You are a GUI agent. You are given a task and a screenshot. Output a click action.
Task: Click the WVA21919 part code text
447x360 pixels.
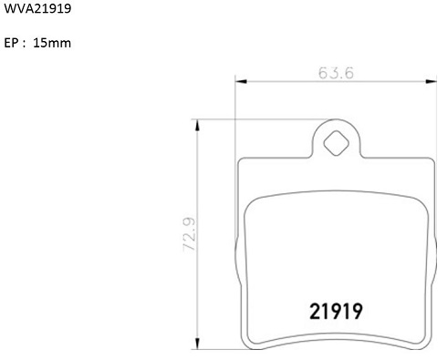tap(37, 8)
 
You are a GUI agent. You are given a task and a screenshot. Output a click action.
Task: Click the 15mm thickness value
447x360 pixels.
tap(52, 43)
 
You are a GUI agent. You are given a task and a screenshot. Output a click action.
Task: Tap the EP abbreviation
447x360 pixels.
tap(11, 43)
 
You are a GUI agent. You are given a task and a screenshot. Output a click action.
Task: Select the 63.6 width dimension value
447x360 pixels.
tap(336, 73)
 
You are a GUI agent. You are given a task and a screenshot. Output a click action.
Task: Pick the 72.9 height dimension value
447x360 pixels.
tap(189, 234)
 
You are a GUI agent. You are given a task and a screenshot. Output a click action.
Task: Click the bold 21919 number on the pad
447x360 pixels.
tap(336, 312)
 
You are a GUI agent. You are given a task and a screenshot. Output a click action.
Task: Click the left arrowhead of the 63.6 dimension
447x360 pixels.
tap(241, 81)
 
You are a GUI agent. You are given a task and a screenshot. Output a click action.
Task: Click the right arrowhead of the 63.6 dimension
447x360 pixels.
tap(431, 81)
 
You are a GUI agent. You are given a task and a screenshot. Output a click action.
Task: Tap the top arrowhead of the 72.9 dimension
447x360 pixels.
tap(197, 125)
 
